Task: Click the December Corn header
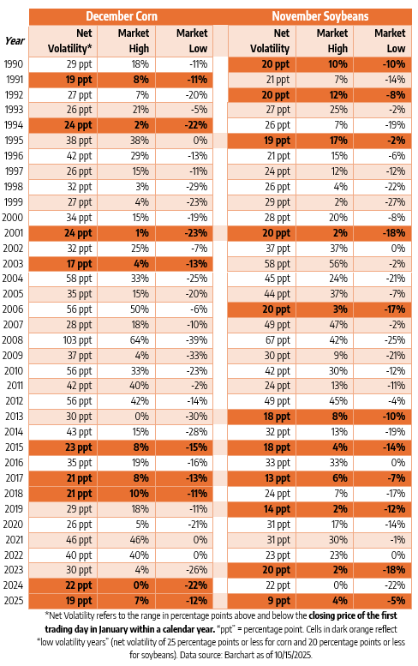[x=122, y=16]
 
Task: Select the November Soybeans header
[x=320, y=16]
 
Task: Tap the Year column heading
[x=15, y=41]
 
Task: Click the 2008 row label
[x=13, y=340]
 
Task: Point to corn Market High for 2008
[x=140, y=340]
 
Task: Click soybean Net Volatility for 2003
[x=278, y=264]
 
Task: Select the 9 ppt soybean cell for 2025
[x=278, y=601]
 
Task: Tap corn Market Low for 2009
[x=197, y=356]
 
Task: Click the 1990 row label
[x=14, y=64]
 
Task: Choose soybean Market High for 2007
[x=338, y=325]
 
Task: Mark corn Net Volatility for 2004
[x=79, y=279]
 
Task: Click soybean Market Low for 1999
[x=395, y=202]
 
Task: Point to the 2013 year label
[x=14, y=417]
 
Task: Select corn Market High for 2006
[x=140, y=309]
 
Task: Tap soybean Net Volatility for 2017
[x=278, y=478]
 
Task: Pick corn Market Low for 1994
[x=196, y=125]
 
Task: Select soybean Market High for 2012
[x=338, y=401]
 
